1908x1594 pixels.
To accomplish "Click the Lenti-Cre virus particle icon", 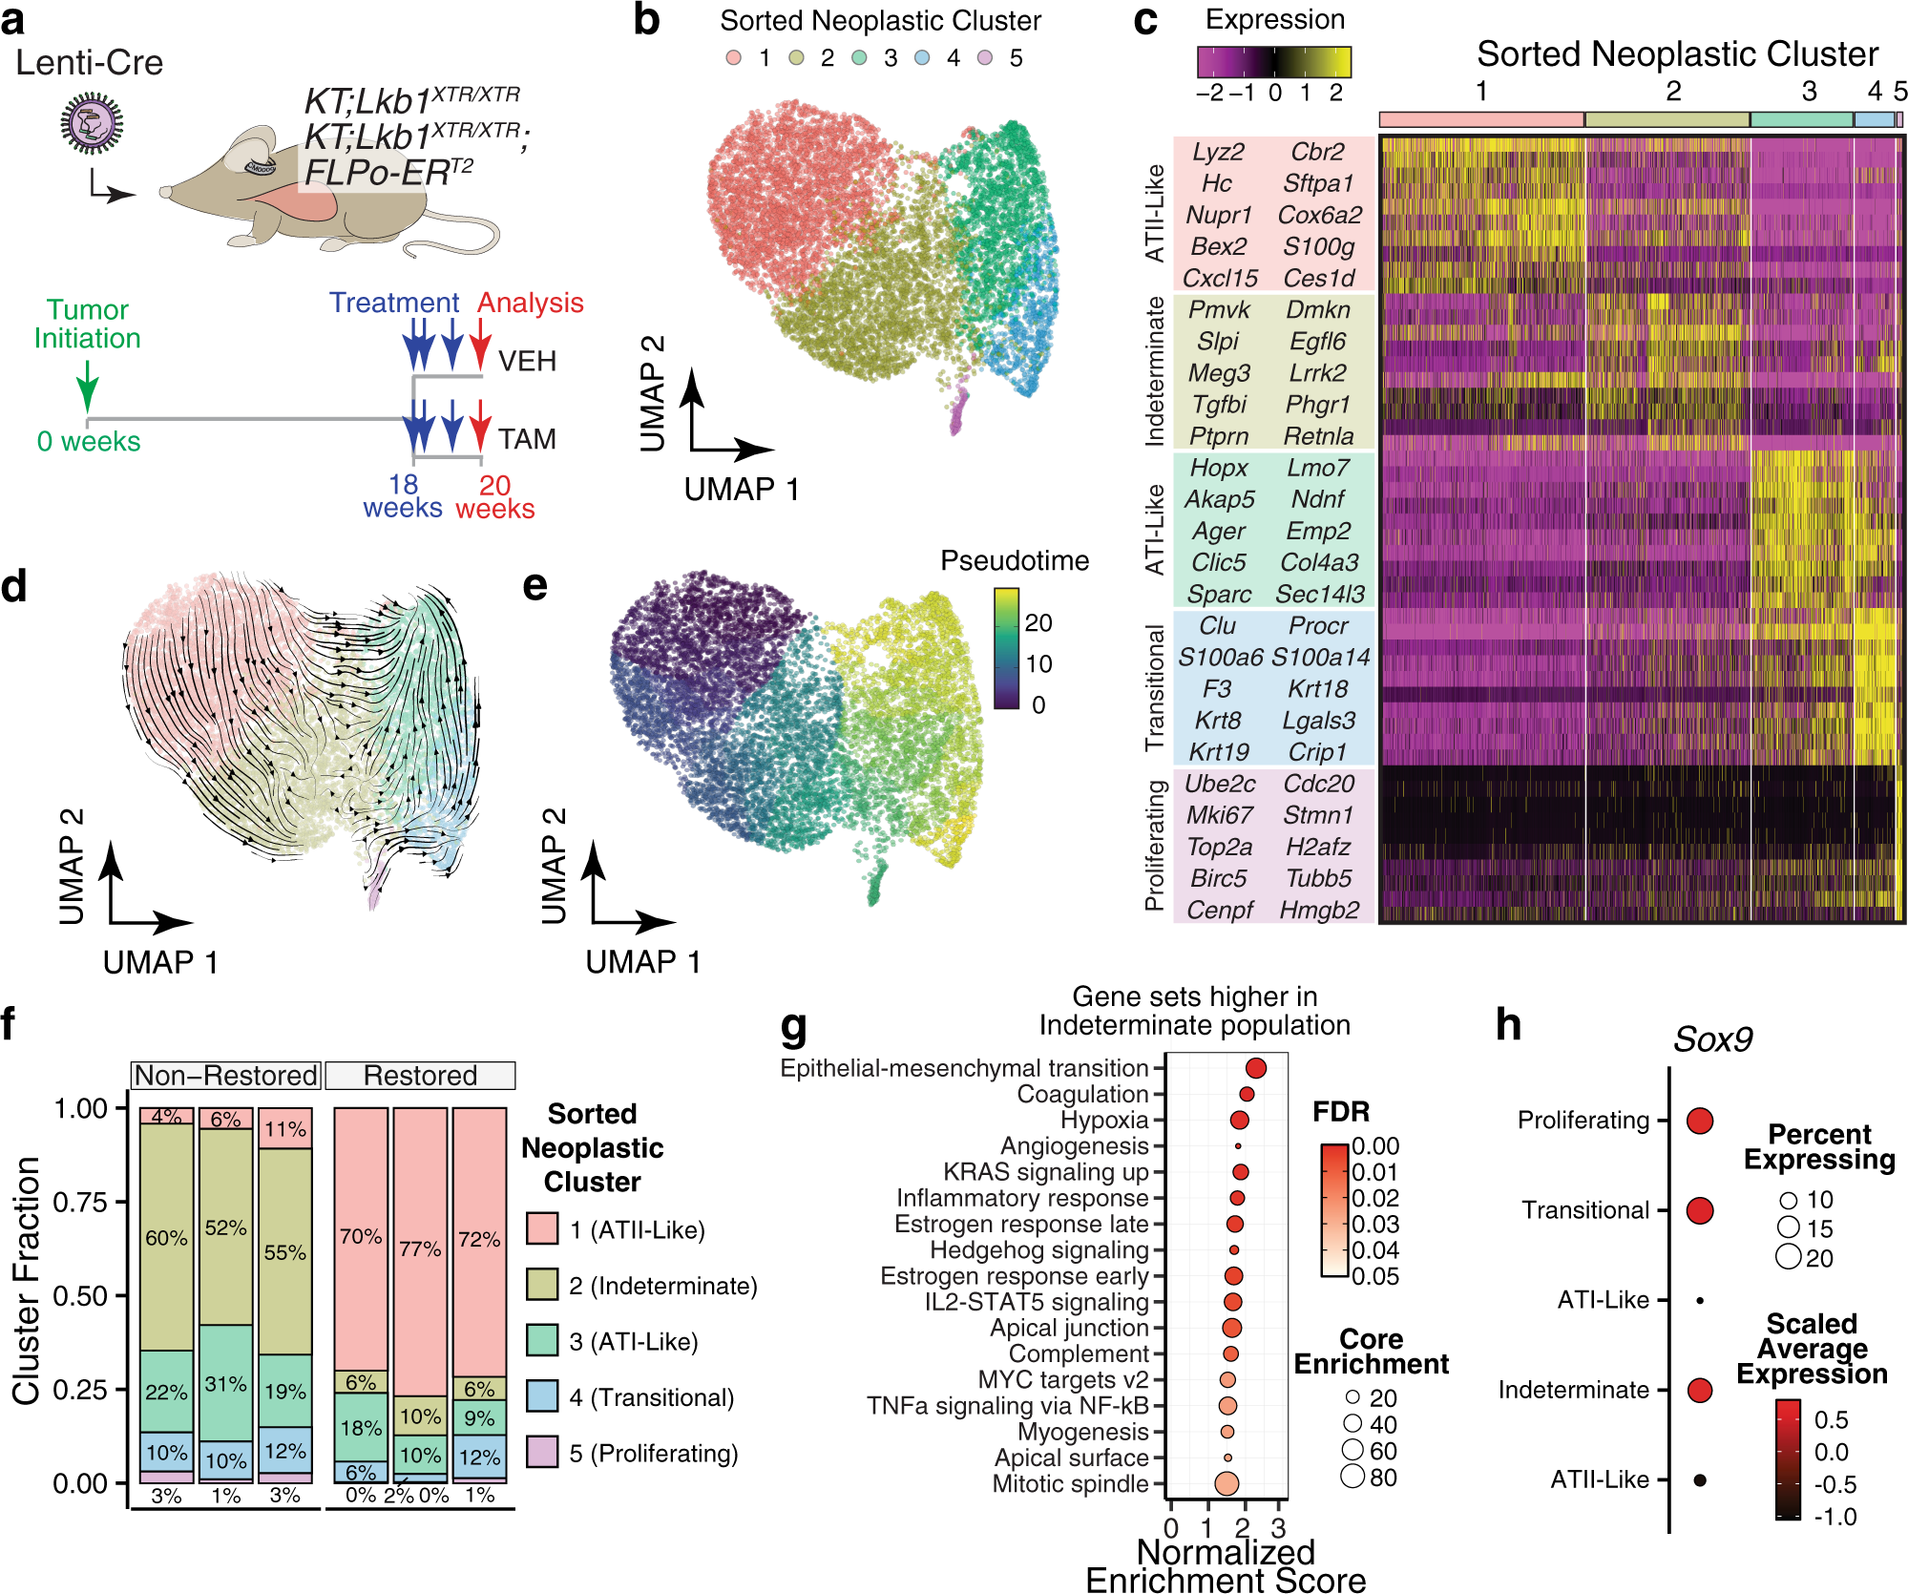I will tap(92, 124).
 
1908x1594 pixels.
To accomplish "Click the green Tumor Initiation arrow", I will tap(87, 386).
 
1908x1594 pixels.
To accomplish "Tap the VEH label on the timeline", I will tap(527, 362).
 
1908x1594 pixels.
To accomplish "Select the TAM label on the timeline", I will tap(527, 439).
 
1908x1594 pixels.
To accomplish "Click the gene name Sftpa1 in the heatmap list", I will tap(1318, 183).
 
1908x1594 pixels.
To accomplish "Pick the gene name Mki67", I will tap(1219, 815).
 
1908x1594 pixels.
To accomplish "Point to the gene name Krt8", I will tap(1218, 721).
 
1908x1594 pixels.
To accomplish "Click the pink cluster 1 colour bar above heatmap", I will tap(1480, 119).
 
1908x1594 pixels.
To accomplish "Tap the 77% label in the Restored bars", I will tap(420, 1248).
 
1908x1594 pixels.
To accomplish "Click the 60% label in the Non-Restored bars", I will tap(166, 1238).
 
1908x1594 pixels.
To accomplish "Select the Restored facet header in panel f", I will tap(420, 1076).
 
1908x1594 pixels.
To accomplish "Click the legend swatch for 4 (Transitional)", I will tap(542, 1396).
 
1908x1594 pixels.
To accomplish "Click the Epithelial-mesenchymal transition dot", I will tap(1255, 1068).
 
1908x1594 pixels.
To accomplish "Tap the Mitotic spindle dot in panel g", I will tap(1227, 1483).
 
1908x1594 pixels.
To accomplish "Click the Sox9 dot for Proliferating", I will tap(1699, 1121).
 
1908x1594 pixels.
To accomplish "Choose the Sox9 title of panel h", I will tap(1712, 1039).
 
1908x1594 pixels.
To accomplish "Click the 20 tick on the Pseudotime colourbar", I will tap(1038, 623).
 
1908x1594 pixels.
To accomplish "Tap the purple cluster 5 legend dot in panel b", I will tap(985, 58).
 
